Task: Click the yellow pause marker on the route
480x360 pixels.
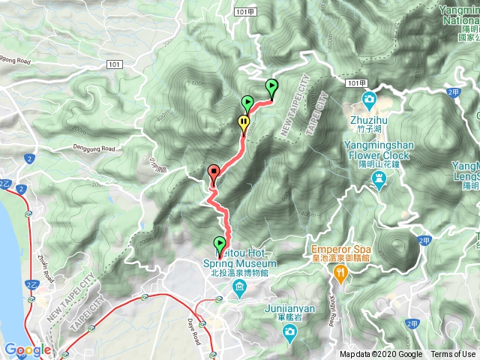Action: (244, 123)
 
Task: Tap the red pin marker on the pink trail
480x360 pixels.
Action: (213, 173)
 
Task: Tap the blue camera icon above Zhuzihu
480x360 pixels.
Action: (369, 99)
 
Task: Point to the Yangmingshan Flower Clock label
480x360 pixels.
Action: (378, 151)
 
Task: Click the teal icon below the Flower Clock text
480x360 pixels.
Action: (379, 180)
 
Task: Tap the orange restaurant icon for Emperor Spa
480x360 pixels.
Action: (340, 274)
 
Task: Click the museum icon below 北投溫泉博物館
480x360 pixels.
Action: (238, 288)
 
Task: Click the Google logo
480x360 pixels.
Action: (27, 349)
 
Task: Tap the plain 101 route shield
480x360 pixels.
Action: (112, 65)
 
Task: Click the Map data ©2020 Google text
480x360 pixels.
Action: (381, 355)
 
